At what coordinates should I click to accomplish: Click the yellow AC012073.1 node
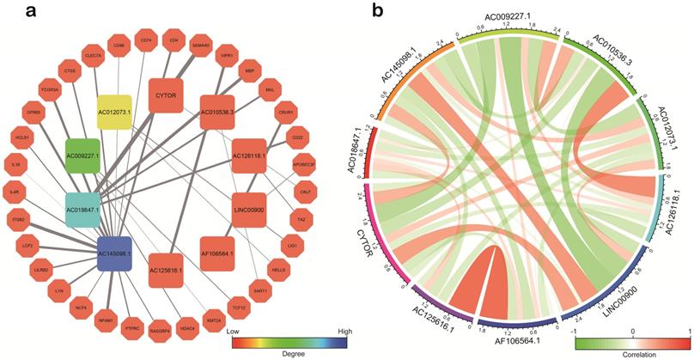(119, 113)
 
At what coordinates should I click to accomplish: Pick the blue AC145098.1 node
(115, 255)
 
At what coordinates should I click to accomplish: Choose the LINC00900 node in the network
(247, 207)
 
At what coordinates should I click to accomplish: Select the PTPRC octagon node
(132, 326)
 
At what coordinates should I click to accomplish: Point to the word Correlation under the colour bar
(633, 351)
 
